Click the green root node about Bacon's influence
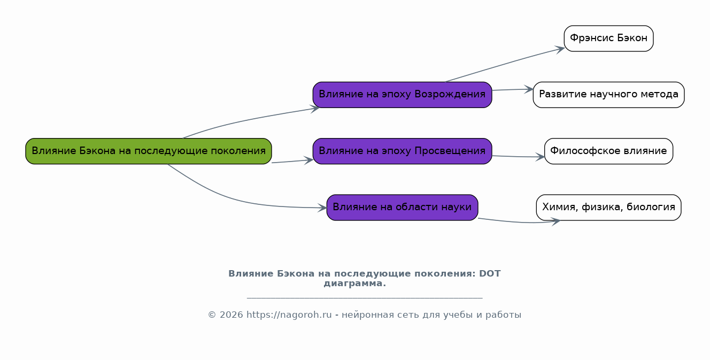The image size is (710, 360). coord(149,151)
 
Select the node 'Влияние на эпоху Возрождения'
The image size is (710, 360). coord(402,95)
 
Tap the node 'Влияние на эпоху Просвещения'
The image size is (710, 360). coord(402,151)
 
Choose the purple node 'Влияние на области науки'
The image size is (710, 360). coord(402,207)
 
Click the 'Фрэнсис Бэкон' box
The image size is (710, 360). coord(608,39)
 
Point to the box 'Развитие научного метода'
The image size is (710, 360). coord(608,95)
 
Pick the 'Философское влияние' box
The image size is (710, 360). coord(608,151)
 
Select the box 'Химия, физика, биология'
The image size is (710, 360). coord(608,207)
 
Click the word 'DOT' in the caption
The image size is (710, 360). coord(490,274)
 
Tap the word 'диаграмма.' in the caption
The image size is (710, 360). coord(354,284)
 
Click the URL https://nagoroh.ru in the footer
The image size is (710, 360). coord(289,315)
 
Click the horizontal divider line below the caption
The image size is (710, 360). coord(365,297)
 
